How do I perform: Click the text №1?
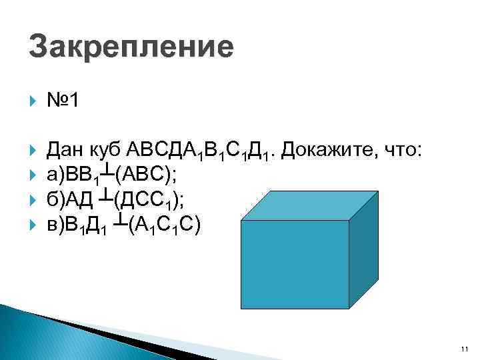(64, 101)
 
